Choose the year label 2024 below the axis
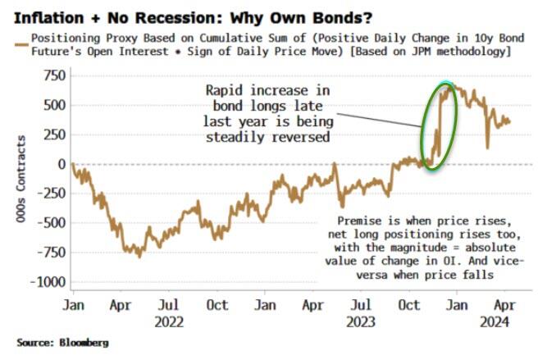click(x=495, y=322)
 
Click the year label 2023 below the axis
click(x=362, y=322)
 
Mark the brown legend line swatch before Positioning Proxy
click(x=16, y=39)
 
